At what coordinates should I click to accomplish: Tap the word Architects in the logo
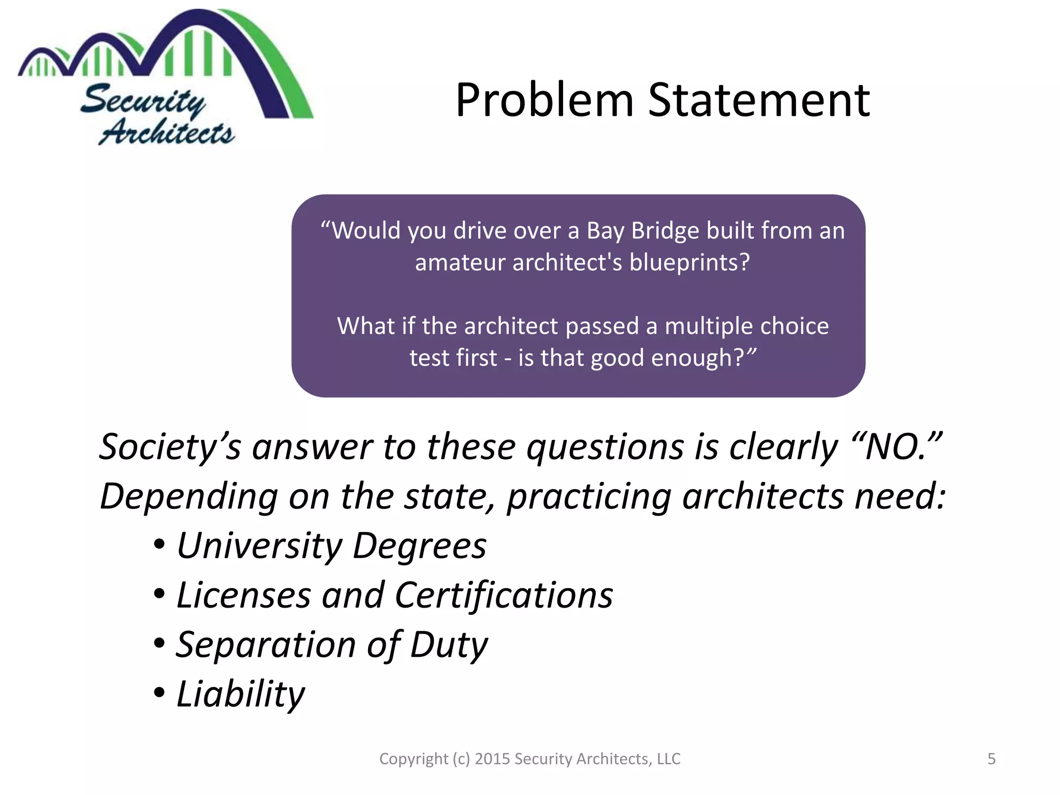click(x=167, y=132)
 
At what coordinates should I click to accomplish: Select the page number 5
click(x=991, y=759)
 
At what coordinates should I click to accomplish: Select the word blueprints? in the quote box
click(x=689, y=262)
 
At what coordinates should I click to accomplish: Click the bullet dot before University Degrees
click(x=159, y=546)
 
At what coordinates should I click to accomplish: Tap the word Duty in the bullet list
click(x=449, y=645)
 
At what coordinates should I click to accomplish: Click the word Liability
click(x=241, y=695)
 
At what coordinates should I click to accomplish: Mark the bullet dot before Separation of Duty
click(x=159, y=644)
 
